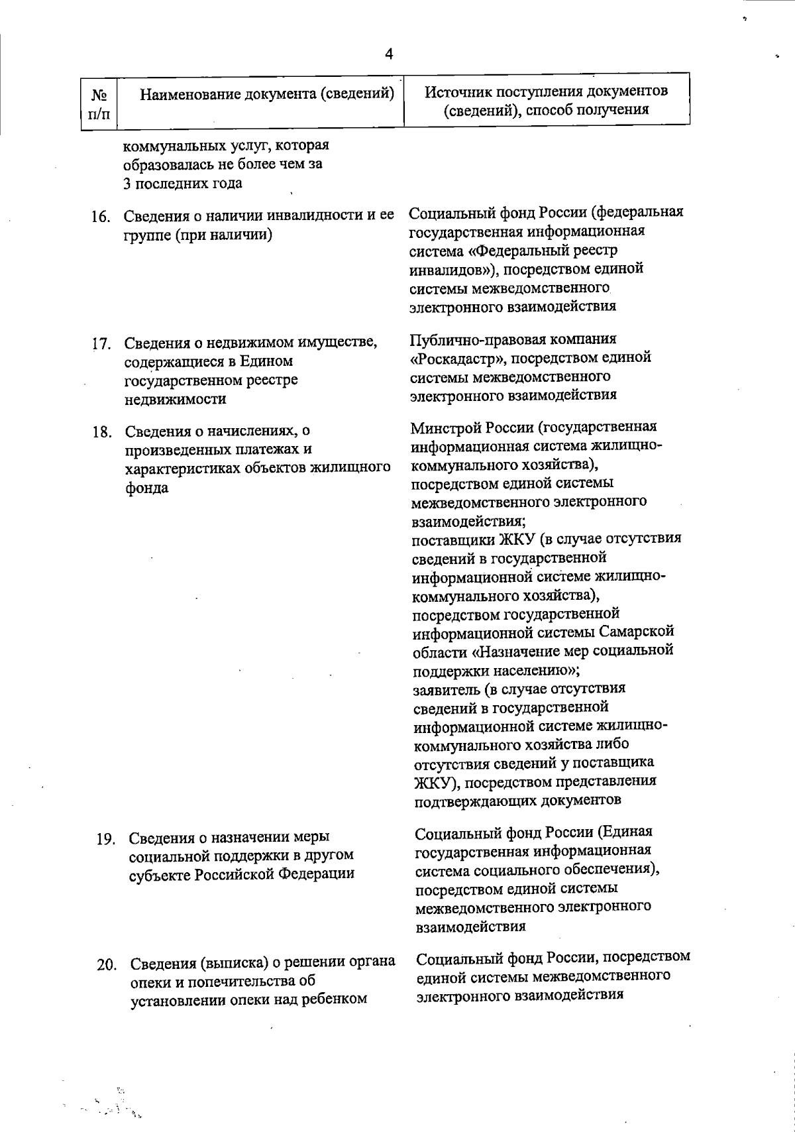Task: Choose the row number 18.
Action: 101,433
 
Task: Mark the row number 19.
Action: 106,839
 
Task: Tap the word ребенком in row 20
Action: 334,999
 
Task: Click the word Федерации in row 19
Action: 316,874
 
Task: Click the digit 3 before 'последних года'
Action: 127,184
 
